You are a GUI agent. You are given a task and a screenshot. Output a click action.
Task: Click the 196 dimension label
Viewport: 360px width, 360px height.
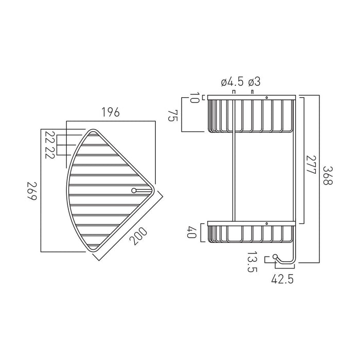(x=111, y=112)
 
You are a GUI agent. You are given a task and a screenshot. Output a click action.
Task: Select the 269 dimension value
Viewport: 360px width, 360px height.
(x=32, y=191)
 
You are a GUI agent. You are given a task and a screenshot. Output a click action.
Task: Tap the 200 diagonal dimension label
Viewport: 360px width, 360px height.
(x=138, y=236)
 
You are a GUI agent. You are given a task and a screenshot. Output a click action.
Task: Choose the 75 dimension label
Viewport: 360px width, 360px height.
(x=173, y=116)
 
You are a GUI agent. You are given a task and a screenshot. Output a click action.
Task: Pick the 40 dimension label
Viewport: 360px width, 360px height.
(x=192, y=232)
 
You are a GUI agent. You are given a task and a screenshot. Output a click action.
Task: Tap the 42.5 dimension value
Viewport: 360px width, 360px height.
(x=282, y=279)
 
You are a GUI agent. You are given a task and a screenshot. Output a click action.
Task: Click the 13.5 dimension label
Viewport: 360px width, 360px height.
(x=252, y=261)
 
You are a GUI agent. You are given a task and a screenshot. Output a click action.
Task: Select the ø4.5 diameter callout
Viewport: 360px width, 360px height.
(x=232, y=82)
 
